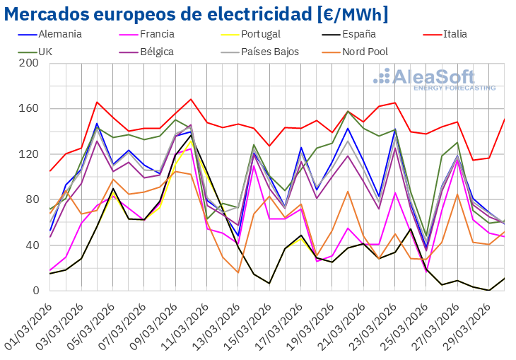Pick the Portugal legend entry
click(260, 34)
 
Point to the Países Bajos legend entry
click(269, 52)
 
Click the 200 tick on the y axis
click(29, 63)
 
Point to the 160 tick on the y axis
click(29, 109)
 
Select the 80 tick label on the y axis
click(32, 199)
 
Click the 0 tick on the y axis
click(35, 291)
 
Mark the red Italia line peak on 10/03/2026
click(191, 99)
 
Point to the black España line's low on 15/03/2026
click(269, 284)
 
